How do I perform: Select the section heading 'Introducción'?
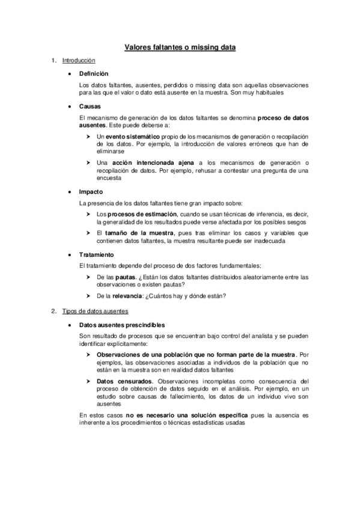coord(79,61)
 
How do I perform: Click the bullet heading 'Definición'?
coord(94,73)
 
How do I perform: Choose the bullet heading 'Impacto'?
coord(91,191)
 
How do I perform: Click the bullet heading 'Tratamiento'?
coord(96,254)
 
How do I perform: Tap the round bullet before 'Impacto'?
coord(72,191)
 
